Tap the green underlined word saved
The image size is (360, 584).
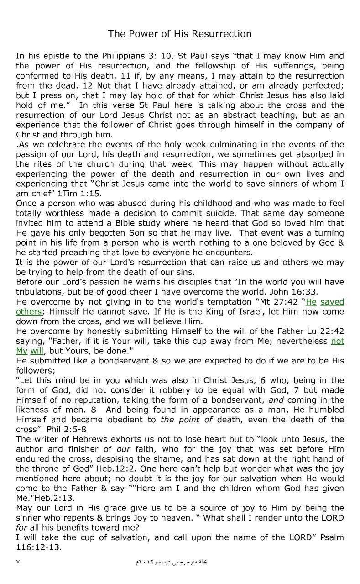click(x=332, y=302)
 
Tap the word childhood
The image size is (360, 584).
click(x=176, y=203)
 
